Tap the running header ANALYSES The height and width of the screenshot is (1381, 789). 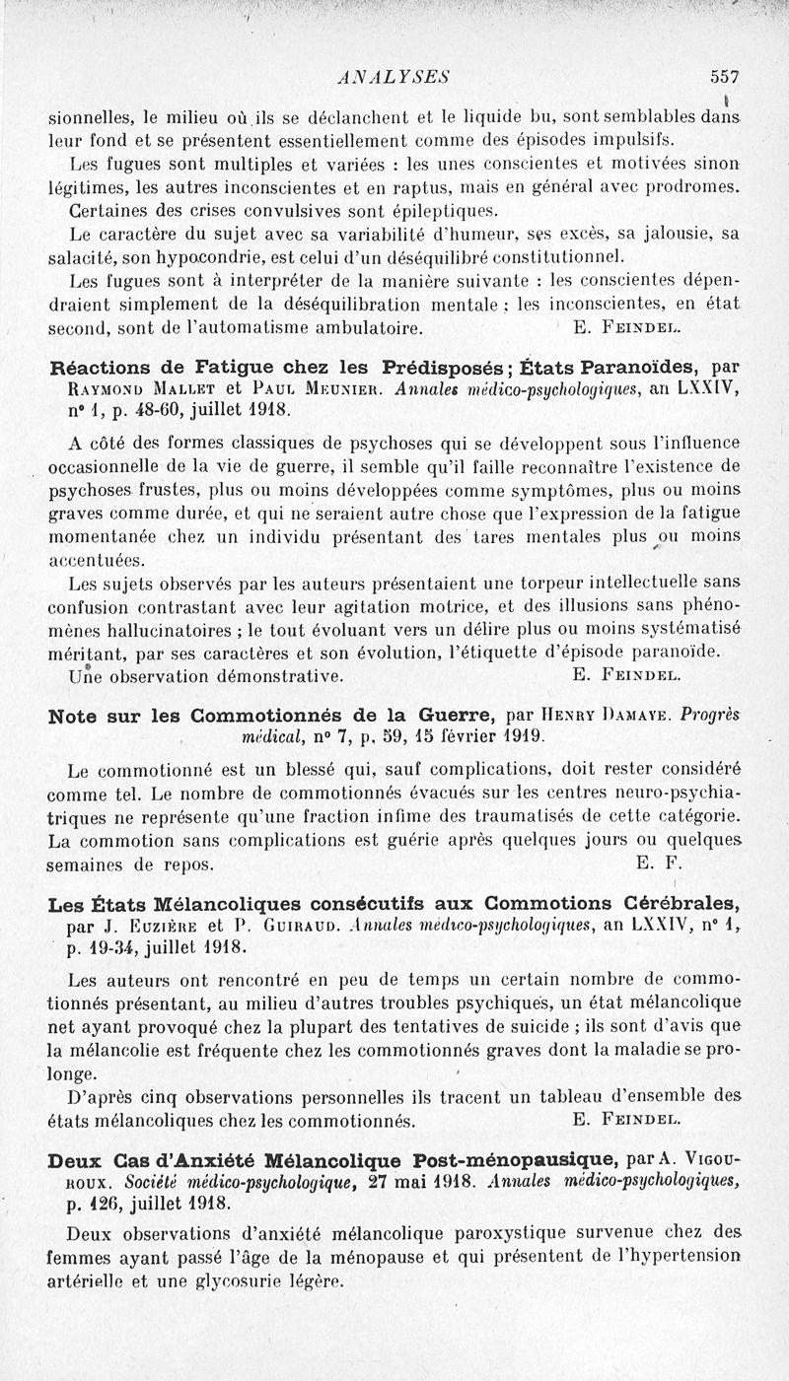click(393, 75)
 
